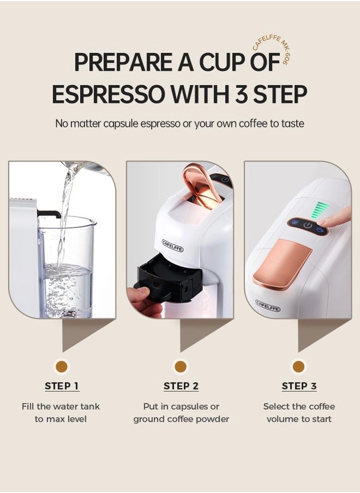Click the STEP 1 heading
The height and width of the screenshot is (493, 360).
pyautogui.click(x=62, y=386)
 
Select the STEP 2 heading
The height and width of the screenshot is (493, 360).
pyautogui.click(x=181, y=386)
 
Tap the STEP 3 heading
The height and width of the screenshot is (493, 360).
pyautogui.click(x=299, y=386)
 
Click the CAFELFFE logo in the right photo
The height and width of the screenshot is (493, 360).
pyautogui.click(x=268, y=305)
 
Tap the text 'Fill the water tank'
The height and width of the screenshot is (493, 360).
pyautogui.click(x=61, y=406)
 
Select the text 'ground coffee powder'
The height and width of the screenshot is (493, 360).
pyautogui.click(x=181, y=419)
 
